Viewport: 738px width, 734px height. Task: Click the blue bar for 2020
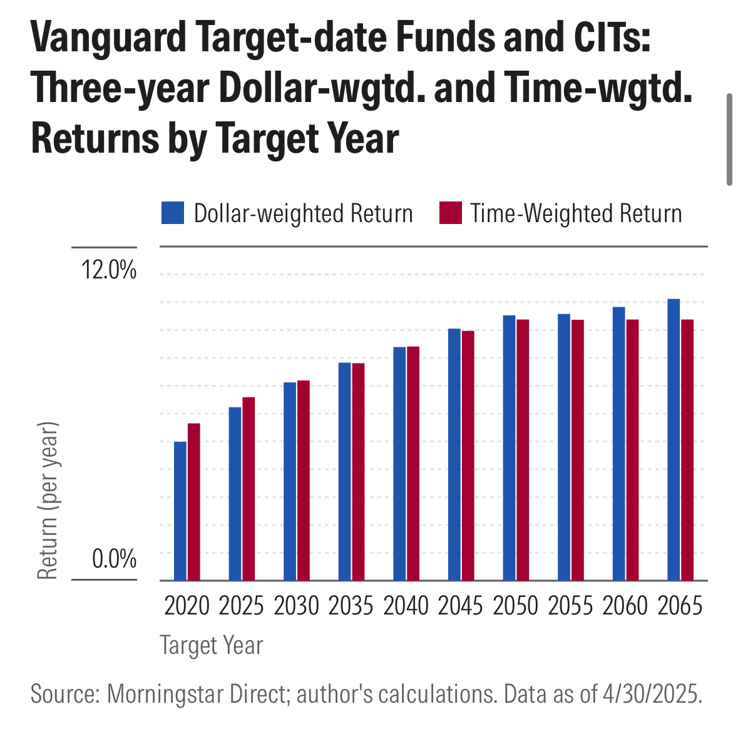coord(180,511)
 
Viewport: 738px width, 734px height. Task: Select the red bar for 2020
coord(194,502)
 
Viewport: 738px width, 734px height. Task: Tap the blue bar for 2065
coord(674,439)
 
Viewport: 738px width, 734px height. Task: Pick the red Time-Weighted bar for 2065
coord(687,449)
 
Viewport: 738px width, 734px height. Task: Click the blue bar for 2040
coord(399,463)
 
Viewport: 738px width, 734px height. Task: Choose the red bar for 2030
coord(304,480)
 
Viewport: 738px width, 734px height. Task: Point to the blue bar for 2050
coord(509,447)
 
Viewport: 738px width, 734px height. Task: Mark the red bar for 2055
coord(578,449)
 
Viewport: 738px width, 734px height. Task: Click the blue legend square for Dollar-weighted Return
coord(173,213)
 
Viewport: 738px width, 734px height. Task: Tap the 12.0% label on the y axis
coord(108,270)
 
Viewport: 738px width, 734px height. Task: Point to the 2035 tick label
coord(351,606)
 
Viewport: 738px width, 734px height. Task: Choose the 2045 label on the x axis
coord(461,606)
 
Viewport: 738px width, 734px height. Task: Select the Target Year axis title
coord(212,645)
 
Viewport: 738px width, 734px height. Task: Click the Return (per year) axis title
coord(48,501)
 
